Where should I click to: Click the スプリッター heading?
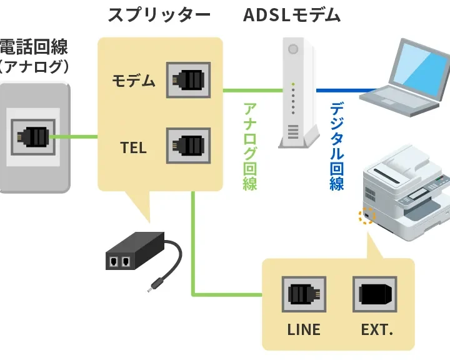159,15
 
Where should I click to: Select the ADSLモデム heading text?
292,15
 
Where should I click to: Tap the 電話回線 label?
34,47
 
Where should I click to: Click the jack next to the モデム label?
188,80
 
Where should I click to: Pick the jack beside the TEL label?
188,146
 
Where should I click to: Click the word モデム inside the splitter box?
134,81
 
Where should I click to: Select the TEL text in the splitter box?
134,147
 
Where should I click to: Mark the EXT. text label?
377,329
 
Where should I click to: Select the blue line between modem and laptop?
341,90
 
